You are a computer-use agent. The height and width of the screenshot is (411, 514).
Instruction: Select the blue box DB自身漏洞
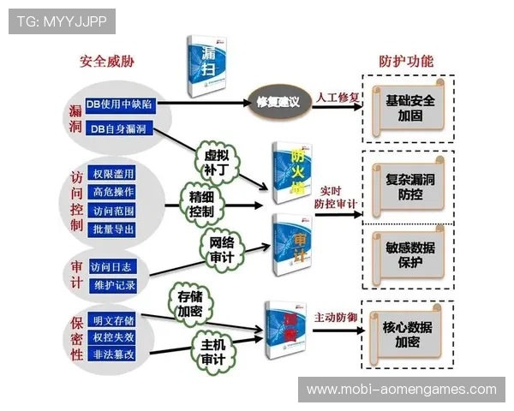117,128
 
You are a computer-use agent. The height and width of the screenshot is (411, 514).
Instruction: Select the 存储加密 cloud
190,303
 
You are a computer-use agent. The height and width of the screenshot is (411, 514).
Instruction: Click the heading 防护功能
406,62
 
